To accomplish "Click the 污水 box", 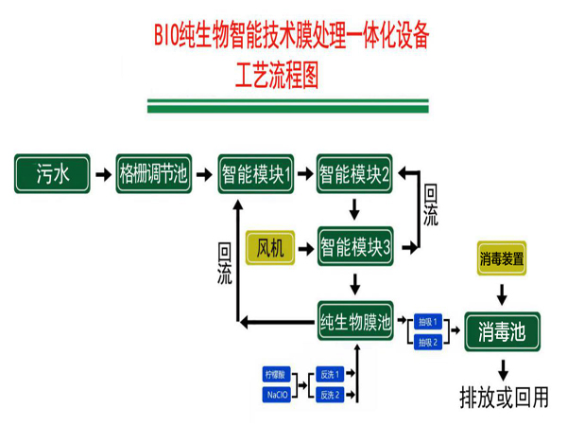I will coord(51,174).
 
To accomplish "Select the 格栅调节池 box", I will coord(153,174).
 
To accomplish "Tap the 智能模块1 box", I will coord(255,174).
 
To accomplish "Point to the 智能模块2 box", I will coord(354,174).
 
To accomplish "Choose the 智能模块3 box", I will coord(354,248).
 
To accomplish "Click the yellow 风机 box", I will coord(272,248).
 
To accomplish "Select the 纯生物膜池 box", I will coord(354,323).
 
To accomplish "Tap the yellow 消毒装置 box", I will coord(502,258).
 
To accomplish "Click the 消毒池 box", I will coord(502,331).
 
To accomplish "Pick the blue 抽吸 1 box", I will coord(428,322).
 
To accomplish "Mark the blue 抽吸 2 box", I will coord(428,341).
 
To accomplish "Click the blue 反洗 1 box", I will coord(329,375).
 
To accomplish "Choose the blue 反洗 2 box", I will coord(329,394).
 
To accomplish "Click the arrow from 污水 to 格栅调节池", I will coord(102,174).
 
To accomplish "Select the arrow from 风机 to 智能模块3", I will coord(305,248).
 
